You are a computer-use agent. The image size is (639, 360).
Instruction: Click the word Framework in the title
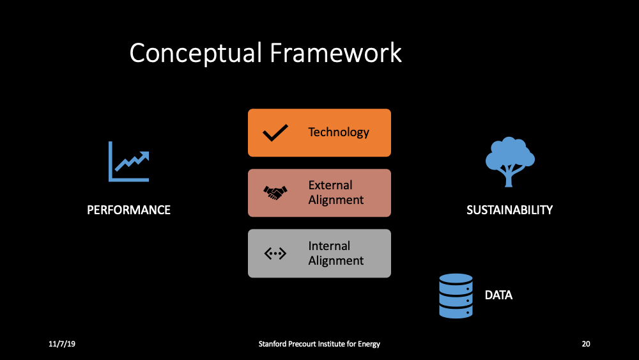coord(335,53)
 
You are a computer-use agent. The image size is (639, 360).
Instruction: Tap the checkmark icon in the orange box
coord(275,133)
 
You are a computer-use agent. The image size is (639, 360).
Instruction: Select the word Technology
coord(339,132)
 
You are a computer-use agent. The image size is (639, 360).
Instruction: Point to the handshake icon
coord(275,192)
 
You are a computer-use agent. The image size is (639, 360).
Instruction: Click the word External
coord(330,185)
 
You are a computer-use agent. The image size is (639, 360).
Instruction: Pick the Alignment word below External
coord(336,200)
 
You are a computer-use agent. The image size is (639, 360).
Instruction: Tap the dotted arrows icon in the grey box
coord(275,253)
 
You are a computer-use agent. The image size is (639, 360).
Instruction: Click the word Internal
coord(329,246)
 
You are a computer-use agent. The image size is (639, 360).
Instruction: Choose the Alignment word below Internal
coord(336,261)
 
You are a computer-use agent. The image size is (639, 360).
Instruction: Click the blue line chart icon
coord(128,162)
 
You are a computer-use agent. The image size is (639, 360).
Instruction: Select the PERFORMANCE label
coord(129,210)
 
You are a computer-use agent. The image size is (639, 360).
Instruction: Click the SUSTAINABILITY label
coord(509,210)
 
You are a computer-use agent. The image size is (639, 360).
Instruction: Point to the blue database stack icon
coord(456,295)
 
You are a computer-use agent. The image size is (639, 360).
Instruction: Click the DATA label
coord(498,295)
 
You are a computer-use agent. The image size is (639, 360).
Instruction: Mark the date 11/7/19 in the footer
coord(62,344)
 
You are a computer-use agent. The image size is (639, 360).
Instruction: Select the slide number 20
coord(585,344)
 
